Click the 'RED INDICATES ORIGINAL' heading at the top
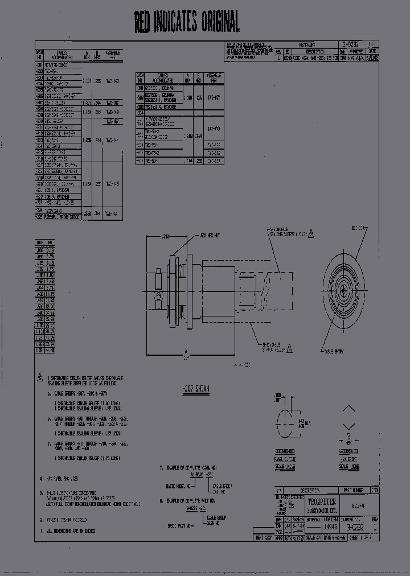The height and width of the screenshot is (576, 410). coord(187,22)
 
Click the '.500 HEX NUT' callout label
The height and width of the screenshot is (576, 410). coord(209,236)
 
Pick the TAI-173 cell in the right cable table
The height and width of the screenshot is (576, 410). coord(214,129)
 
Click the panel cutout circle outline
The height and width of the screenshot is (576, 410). coord(284,423)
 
